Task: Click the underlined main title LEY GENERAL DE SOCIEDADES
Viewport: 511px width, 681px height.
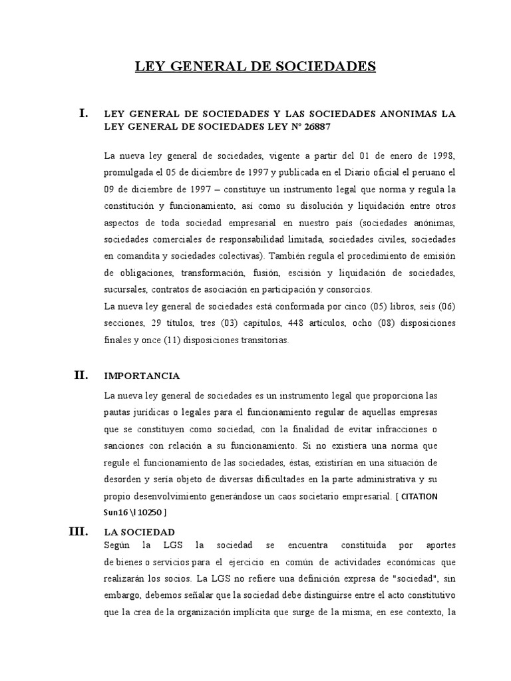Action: [x=256, y=67]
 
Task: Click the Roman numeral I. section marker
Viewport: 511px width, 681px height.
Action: [x=83, y=114]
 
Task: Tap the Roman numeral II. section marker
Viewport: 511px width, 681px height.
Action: [x=81, y=375]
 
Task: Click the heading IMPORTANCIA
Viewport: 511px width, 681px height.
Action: [x=142, y=376]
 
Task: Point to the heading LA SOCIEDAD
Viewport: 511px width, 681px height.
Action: [x=140, y=532]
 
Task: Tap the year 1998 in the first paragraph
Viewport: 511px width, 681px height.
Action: [x=442, y=156]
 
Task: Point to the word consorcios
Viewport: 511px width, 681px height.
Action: [x=353, y=290]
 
